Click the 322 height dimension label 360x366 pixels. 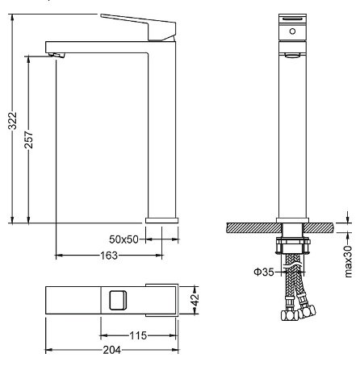(x=12, y=121)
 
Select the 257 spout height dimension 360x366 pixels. (x=28, y=139)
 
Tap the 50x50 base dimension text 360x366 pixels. (x=123, y=239)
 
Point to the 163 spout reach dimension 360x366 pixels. (x=109, y=256)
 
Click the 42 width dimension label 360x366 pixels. (x=195, y=300)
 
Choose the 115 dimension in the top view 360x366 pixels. (x=138, y=335)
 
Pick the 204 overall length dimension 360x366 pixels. (x=112, y=350)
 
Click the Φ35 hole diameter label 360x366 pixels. (x=264, y=272)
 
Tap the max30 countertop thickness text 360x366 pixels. (x=348, y=261)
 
